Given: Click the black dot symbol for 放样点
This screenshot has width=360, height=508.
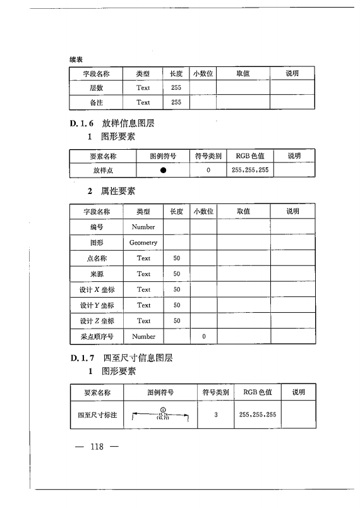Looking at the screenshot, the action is coord(163,170).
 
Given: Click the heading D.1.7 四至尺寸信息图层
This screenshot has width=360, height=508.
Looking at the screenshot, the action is coord(121,358).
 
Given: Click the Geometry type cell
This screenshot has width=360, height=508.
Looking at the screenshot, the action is coord(143,242).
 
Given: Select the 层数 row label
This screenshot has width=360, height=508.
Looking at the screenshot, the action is coord(97,88).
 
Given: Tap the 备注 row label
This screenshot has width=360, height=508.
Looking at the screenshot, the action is coord(97,102).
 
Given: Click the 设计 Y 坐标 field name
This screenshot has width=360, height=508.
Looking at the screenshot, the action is coord(97,305).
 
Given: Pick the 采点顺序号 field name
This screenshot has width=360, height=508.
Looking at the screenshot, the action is coord(97,337).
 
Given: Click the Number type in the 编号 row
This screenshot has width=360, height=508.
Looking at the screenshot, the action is coord(143,226).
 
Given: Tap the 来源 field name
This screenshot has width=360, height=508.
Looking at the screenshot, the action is coord(97,274).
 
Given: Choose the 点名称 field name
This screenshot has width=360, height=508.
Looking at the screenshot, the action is coord(97,258).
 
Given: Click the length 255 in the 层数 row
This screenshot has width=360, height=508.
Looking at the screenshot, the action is coord(176,88).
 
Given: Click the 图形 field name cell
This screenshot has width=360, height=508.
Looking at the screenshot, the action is coord(97,242).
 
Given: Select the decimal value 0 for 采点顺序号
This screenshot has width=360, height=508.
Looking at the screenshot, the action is coord(203,337).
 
